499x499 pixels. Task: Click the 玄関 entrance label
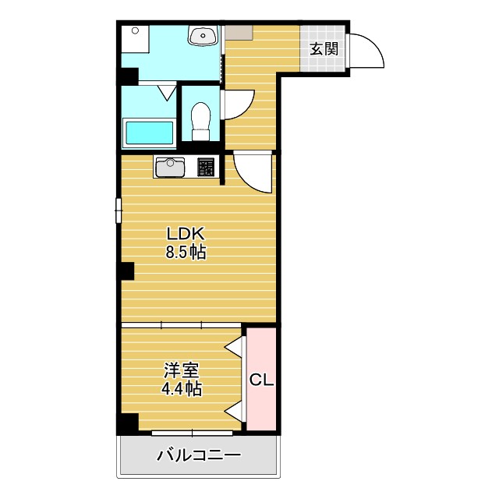tap(324, 48)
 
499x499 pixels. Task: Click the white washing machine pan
tap(134, 40)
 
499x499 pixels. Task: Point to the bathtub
tap(149, 132)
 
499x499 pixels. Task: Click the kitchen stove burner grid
tap(206, 167)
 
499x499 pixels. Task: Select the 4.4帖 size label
tap(181, 388)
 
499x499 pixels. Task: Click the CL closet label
tap(261, 380)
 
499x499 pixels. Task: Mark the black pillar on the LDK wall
tap(126, 271)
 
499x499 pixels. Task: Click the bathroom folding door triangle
tap(167, 93)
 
